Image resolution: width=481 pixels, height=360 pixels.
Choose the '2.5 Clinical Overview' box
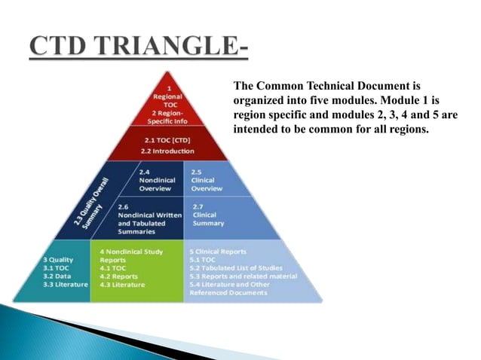pos(207,180)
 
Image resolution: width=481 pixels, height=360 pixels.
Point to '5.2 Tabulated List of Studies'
pos(237,267)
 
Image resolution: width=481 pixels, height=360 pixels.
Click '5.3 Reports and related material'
pos(244,276)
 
